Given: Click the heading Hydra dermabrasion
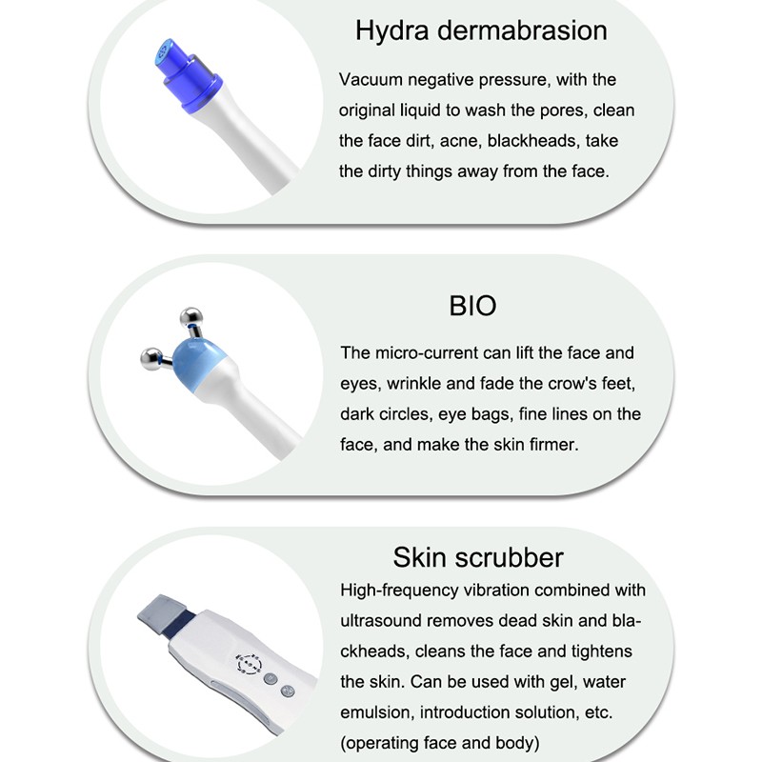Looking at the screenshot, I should pos(481,30).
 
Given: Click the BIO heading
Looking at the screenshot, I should pos(472,306).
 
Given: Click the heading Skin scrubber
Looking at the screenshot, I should pos(478,557).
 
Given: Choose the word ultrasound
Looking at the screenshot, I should pos(384,621).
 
